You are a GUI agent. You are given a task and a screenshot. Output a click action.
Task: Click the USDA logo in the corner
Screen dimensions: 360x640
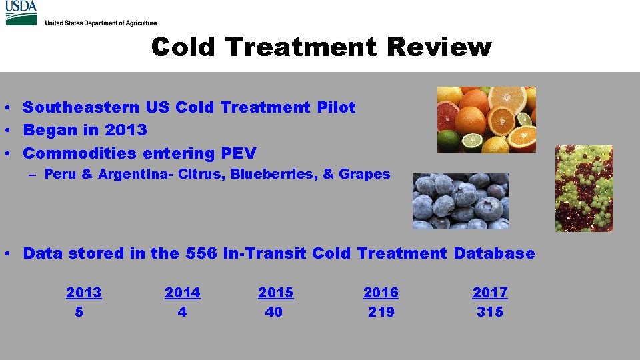[21, 13]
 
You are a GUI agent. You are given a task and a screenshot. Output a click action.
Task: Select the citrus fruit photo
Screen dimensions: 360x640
[486, 119]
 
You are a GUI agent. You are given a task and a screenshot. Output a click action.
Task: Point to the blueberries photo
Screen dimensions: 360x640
[460, 201]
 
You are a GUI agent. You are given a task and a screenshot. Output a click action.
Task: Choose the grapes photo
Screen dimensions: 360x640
[584, 189]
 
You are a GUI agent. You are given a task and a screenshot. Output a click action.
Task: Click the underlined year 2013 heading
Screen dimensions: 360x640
[84, 293]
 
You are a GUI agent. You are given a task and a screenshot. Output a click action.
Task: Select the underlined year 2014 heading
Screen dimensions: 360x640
[183, 293]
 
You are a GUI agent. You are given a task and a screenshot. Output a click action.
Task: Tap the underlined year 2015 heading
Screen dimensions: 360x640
[275, 293]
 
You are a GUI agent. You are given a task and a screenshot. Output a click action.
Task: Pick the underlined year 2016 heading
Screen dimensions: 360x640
[381, 293]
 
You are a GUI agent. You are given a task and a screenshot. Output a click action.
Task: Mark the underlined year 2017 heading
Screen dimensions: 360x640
[490, 293]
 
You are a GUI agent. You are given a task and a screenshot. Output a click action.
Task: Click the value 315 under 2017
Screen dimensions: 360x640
[490, 312]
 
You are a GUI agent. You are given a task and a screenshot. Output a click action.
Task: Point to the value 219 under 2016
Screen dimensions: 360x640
[381, 312]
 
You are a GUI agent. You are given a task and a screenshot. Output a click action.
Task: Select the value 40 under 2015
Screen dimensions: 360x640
[274, 312]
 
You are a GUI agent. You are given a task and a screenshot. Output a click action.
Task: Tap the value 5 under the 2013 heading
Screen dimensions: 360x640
[79, 312]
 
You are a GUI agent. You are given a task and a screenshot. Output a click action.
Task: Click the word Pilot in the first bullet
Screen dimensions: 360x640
[336, 107]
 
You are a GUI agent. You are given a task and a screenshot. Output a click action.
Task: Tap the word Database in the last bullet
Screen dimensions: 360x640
[494, 253]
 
